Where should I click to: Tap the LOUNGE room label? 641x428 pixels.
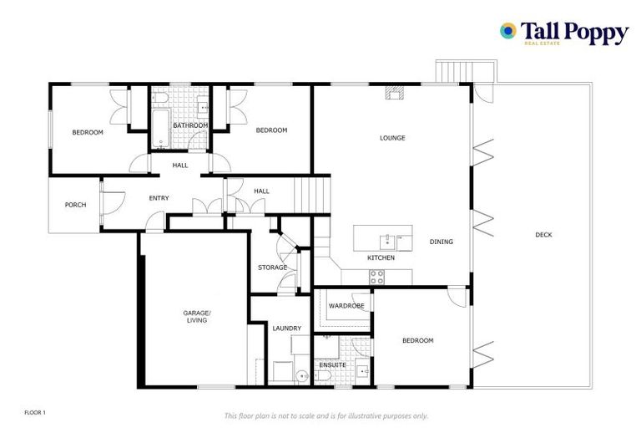click(392, 138)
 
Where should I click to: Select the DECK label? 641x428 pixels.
click(543, 235)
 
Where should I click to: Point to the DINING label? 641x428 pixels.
click(442, 242)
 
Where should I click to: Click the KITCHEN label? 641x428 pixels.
click(381, 258)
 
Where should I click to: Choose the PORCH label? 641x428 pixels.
click(75, 205)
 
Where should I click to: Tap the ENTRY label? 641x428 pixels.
click(159, 198)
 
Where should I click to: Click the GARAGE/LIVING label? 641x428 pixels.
click(197, 316)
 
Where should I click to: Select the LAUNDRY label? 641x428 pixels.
click(286, 329)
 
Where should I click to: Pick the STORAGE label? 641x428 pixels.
click(272, 267)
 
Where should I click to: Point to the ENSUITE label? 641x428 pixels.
click(332, 364)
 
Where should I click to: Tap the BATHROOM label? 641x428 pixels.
click(190, 125)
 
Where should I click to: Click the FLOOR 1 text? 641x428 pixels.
click(35, 413)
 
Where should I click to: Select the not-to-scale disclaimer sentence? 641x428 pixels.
click(326, 415)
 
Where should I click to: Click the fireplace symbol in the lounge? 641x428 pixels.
click(393, 94)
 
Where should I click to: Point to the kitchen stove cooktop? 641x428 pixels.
click(377, 276)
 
